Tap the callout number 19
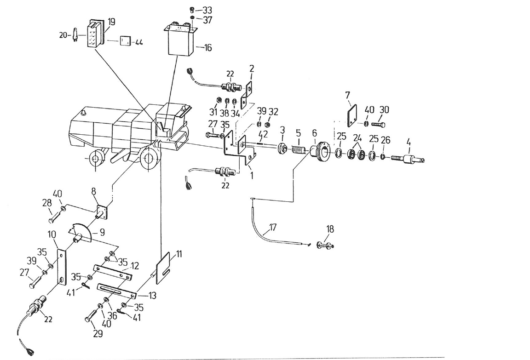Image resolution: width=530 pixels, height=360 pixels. (x=112, y=21)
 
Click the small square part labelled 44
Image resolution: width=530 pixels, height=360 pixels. (x=125, y=41)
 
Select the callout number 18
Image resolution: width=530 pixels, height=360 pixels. (x=330, y=229)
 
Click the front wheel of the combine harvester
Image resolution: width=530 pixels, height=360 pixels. (x=149, y=160)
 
